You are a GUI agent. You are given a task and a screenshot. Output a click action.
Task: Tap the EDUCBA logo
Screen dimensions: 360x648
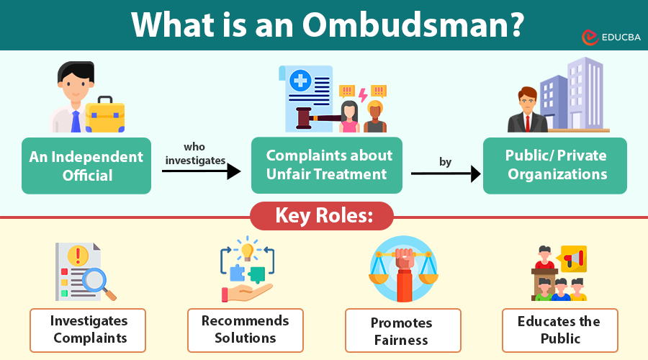(609, 36)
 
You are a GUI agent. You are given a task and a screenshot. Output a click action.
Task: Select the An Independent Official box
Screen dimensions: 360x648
(86, 166)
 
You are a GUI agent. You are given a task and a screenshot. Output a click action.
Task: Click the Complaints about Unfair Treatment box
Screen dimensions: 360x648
(326, 165)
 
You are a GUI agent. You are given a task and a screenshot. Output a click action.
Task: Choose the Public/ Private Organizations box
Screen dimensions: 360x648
(555, 165)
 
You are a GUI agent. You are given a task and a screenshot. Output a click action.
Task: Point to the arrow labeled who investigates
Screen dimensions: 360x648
(201, 171)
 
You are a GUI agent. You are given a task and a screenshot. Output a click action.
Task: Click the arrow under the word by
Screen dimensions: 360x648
(445, 174)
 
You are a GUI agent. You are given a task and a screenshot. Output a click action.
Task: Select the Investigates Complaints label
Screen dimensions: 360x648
(89, 330)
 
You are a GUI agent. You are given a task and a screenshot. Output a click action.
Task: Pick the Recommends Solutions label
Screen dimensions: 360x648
(245, 330)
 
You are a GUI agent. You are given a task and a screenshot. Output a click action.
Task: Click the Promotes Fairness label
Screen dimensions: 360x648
(402, 331)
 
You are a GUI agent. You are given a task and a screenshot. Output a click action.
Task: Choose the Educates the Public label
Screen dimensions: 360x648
(559, 330)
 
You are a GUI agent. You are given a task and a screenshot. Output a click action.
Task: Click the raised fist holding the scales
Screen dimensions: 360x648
(403, 263)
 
